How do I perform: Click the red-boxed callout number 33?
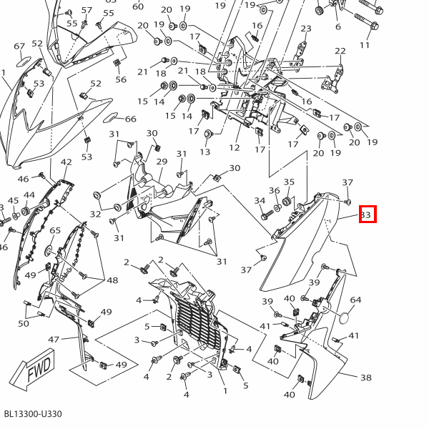tap(367, 214)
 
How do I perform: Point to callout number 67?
tap(19, 46)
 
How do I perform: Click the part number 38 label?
tap(365, 378)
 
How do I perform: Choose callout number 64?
tap(355, 300)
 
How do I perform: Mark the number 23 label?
tap(306, 29)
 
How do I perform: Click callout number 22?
tap(340, 51)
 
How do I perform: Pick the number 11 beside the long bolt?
tap(365, 45)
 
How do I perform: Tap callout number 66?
tap(130, 119)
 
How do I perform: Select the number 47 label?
tap(54, 339)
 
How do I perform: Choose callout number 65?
tap(55, 230)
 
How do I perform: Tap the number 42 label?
tap(66, 163)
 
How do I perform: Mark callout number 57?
tap(87, 10)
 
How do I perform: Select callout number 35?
tap(289, 182)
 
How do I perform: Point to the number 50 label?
tap(24, 324)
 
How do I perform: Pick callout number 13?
tap(205, 152)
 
